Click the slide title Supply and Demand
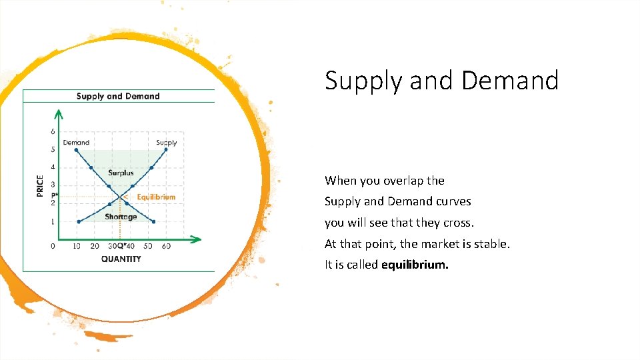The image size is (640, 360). (441, 81)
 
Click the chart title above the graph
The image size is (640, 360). (118, 96)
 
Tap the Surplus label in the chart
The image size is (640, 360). (121, 173)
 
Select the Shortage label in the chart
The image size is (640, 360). (121, 217)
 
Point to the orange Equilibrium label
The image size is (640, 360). (156, 197)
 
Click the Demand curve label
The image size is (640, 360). (76, 142)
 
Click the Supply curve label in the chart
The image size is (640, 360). (166, 142)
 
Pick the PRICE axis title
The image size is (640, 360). (39, 185)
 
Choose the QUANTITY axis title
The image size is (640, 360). (121, 259)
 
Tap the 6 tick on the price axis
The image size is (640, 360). (53, 131)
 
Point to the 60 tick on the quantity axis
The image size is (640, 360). (166, 247)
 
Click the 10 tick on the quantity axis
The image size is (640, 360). (77, 247)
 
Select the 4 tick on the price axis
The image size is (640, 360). (53, 167)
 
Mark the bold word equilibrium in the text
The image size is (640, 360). (415, 265)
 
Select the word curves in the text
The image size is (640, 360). (453, 201)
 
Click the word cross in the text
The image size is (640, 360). (458, 223)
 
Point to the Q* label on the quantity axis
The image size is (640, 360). (121, 247)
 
